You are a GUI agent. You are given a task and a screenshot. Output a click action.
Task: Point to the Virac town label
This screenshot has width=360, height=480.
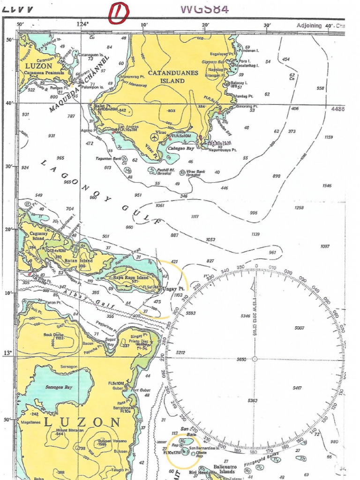coord(161,133)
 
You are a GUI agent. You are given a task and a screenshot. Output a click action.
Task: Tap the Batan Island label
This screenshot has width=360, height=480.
coord(88,261)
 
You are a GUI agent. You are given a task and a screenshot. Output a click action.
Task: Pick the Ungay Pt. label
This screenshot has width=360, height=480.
coord(173,289)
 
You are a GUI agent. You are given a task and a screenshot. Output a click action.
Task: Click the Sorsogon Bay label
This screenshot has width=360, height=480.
coord(59,388)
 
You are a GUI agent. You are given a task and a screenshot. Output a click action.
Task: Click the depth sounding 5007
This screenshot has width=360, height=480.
coord(300,328)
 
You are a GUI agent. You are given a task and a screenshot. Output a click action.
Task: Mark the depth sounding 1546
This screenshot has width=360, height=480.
coord(327,186)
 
